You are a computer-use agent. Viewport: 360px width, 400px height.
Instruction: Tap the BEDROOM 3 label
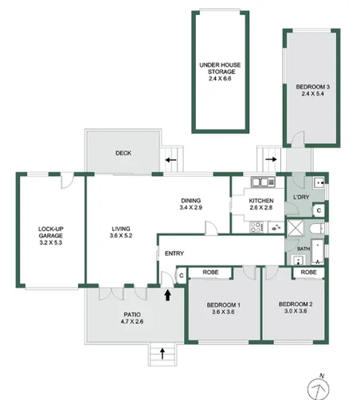(x=312, y=89)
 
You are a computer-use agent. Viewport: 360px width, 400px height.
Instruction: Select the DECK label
(x=123, y=153)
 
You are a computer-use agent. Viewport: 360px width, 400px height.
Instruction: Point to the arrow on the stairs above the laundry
(x=271, y=159)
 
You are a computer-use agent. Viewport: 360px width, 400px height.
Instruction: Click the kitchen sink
(x=260, y=182)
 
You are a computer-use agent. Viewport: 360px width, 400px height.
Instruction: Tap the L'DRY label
(x=301, y=197)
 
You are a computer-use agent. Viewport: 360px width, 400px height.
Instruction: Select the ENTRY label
(x=174, y=253)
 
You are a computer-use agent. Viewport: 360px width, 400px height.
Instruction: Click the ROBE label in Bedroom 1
(x=213, y=273)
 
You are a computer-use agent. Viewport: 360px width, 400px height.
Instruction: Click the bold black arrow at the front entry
(x=167, y=295)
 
